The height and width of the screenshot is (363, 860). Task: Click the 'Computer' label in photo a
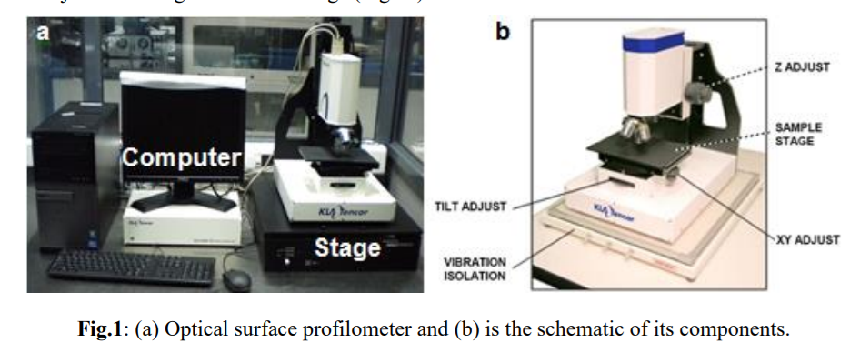coord(181,156)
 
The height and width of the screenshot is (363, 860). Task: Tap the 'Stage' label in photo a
coord(346,247)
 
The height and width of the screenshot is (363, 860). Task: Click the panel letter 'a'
coord(43,33)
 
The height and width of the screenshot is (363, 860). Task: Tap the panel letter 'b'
coord(503,32)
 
